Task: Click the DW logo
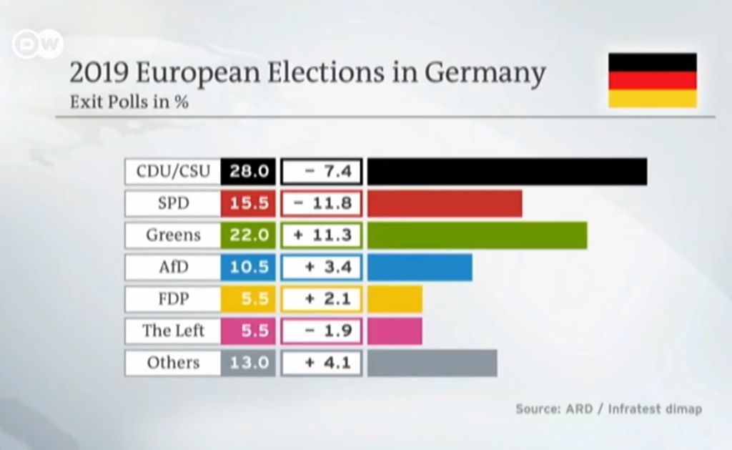(x=37, y=45)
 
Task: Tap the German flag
(x=652, y=80)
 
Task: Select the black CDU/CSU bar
(x=507, y=172)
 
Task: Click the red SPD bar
(x=445, y=203)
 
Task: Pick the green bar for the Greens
(x=477, y=235)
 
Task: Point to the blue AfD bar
(x=420, y=267)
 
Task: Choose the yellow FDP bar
(x=395, y=299)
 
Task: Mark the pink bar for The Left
(x=395, y=331)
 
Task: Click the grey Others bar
(x=432, y=363)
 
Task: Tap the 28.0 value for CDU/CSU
(x=248, y=172)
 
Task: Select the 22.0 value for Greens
(x=248, y=235)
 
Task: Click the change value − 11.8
(x=322, y=203)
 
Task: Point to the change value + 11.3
(x=322, y=235)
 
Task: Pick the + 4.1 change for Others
(x=322, y=363)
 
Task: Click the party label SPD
(x=173, y=203)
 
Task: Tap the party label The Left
(x=173, y=331)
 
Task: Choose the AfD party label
(x=173, y=267)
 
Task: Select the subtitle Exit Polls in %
(x=129, y=102)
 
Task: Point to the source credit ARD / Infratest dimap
(x=608, y=409)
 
